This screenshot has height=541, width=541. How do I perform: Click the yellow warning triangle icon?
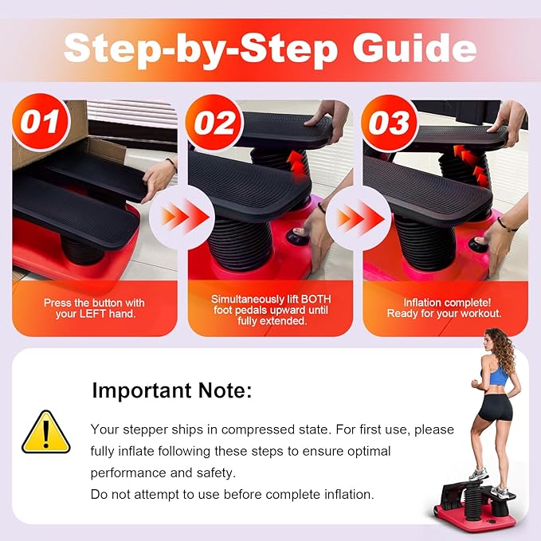click(46, 433)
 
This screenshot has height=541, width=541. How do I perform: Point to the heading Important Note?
click(172, 391)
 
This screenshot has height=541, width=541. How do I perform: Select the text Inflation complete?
click(444, 303)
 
